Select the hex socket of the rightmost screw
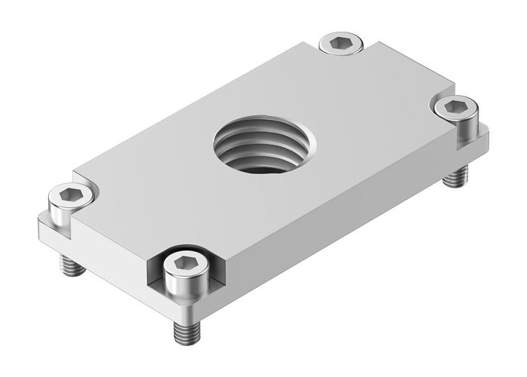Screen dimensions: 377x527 point(454,107)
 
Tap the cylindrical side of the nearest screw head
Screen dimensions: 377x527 point(182,287)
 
